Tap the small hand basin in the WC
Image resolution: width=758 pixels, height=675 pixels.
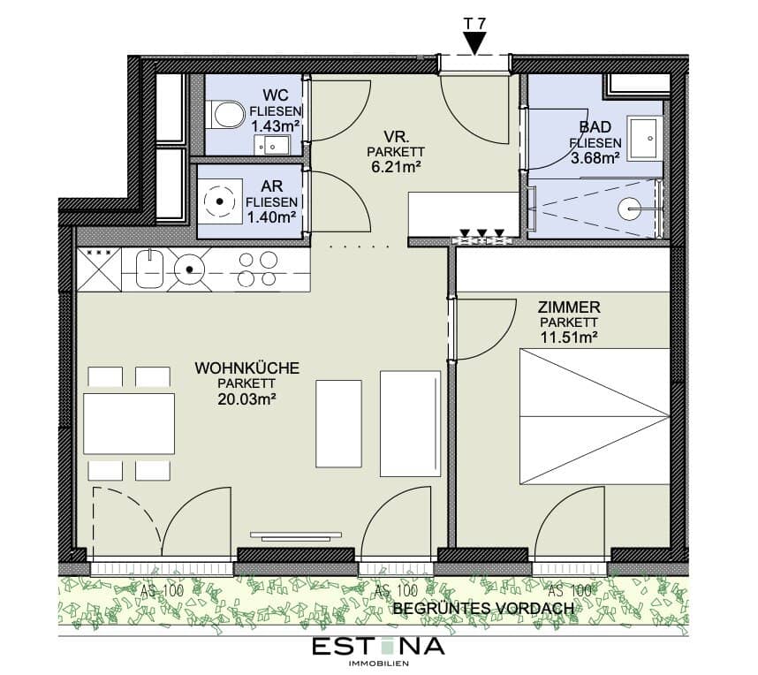(x=272, y=145)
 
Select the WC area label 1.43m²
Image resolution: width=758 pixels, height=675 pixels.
(x=275, y=126)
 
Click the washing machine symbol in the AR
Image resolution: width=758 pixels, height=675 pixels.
(x=220, y=201)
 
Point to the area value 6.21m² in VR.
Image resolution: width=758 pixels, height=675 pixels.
(x=396, y=167)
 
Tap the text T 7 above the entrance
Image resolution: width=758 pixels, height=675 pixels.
(x=475, y=24)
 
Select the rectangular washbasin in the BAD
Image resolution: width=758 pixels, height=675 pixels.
(x=645, y=139)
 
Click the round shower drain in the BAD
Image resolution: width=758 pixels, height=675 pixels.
(x=630, y=209)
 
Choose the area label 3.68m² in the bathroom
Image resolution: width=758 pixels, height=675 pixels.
(x=595, y=158)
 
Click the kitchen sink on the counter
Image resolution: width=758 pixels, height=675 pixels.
(x=150, y=269)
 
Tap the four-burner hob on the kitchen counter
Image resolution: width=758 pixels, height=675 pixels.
(x=258, y=269)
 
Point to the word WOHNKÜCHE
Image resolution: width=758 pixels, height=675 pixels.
(x=247, y=368)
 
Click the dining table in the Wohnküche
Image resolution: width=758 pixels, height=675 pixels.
(x=129, y=423)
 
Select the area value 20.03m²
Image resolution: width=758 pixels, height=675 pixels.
(x=246, y=399)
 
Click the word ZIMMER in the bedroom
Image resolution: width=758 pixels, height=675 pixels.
(x=569, y=307)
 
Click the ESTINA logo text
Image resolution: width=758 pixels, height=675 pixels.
(x=378, y=647)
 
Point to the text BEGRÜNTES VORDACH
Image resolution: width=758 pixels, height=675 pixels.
(x=483, y=608)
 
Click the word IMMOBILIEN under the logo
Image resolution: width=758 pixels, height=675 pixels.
(x=378, y=664)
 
